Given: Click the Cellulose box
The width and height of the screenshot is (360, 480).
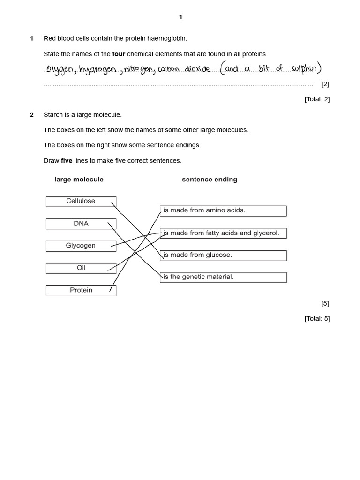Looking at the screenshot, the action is (x=81, y=201).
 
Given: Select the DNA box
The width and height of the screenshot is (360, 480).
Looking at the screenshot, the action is (x=81, y=224).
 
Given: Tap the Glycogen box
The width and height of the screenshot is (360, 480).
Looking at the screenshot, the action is (x=81, y=246).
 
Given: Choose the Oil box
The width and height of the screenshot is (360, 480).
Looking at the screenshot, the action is (x=81, y=268).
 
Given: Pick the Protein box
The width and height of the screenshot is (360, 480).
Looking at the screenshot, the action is (x=81, y=290).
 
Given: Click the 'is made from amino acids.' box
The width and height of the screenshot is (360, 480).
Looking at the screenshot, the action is (x=223, y=210).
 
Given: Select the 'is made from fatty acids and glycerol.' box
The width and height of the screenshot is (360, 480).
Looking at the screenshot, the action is (x=223, y=233).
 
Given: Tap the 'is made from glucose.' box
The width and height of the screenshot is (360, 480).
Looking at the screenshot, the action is (x=223, y=255).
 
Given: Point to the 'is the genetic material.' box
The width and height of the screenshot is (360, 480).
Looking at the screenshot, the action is (x=223, y=277).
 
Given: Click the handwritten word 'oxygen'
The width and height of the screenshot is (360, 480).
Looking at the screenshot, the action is (x=60, y=70).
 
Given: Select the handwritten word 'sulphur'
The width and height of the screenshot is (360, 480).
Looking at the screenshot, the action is (x=304, y=69).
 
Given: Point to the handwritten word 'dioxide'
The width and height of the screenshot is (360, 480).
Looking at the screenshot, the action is (x=197, y=69).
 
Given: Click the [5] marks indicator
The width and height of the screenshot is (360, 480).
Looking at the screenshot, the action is (x=325, y=303).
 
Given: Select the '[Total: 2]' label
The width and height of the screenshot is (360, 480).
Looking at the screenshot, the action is (x=317, y=99).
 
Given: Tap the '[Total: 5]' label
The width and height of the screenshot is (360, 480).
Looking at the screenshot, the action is (x=317, y=318).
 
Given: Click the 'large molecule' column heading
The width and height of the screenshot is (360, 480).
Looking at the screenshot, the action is (x=79, y=180).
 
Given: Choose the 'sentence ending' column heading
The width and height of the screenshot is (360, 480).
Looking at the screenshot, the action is (x=210, y=180).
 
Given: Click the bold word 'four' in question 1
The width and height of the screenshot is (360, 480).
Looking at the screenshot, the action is (x=119, y=54).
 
